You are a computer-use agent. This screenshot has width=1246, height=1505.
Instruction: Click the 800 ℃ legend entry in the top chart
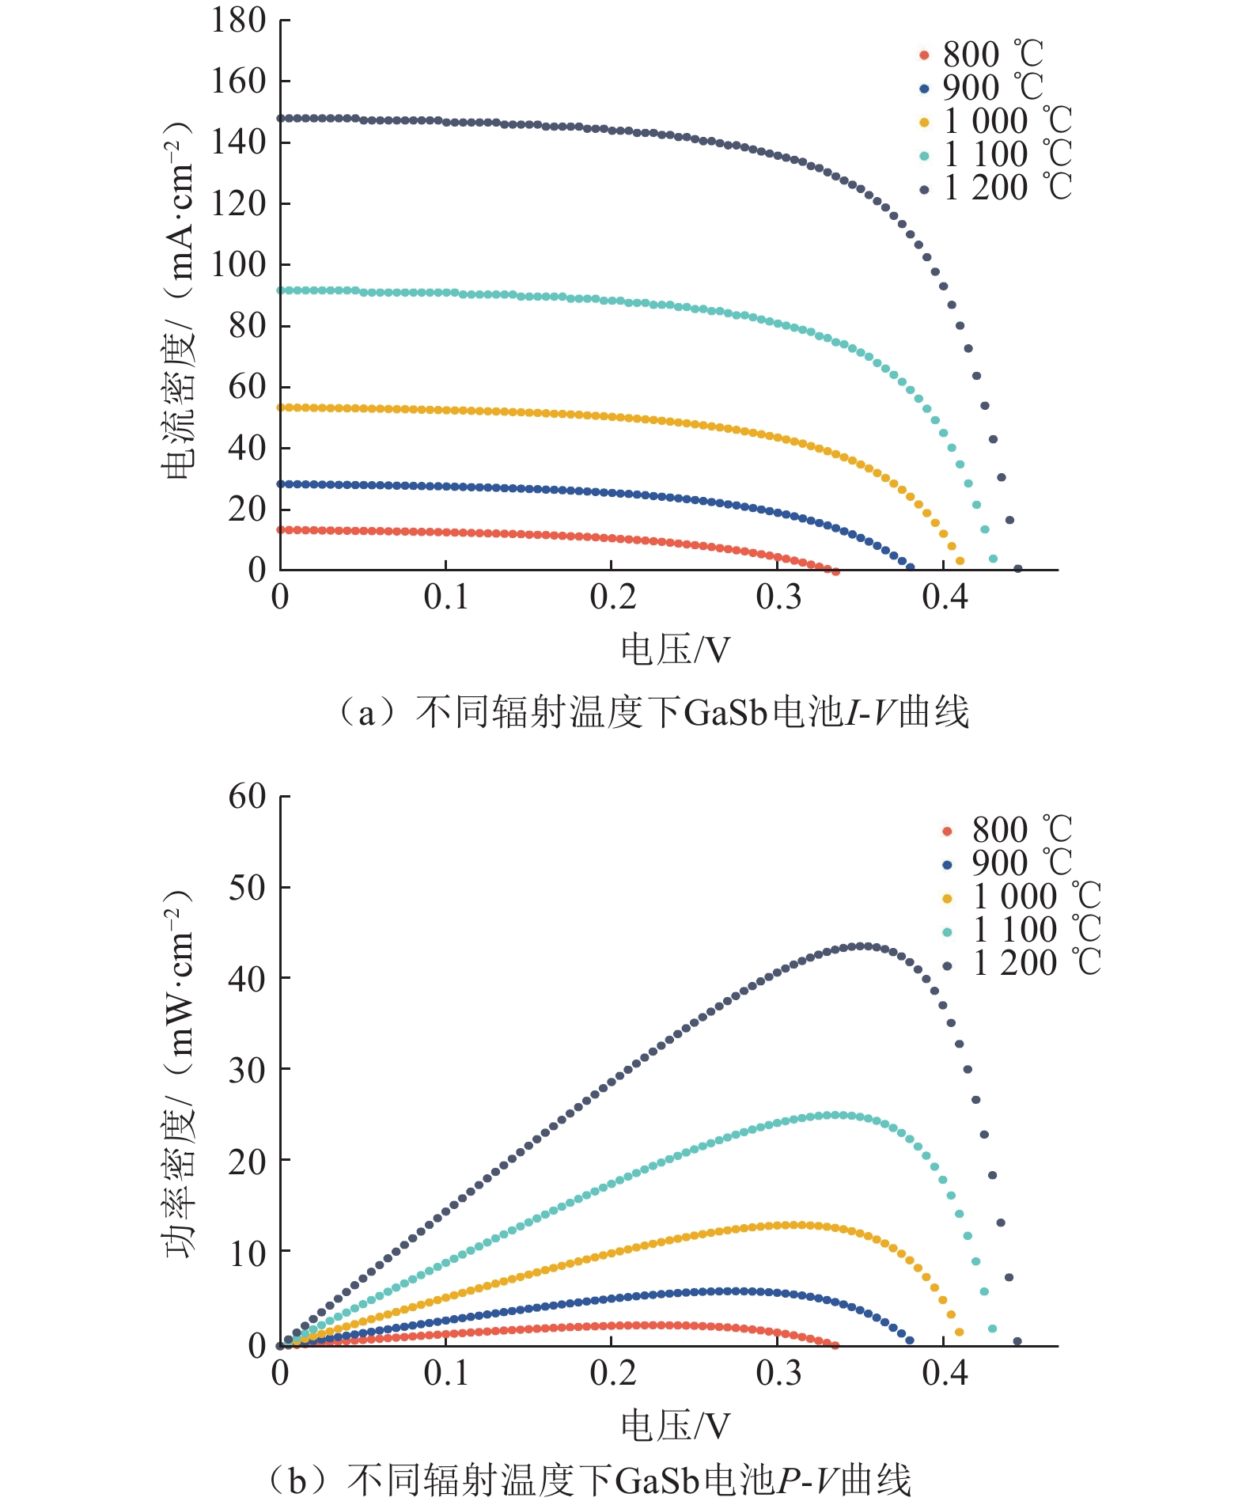pyautogui.click(x=981, y=55)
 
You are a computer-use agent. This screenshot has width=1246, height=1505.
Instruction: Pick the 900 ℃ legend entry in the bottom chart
pyautogui.click(x=1009, y=863)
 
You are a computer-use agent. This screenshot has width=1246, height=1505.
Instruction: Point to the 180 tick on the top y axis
pyautogui.click(x=237, y=21)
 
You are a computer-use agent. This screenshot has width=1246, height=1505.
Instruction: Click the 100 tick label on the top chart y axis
pyautogui.click(x=237, y=264)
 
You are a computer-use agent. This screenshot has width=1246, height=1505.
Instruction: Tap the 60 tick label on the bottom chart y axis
pyautogui.click(x=247, y=796)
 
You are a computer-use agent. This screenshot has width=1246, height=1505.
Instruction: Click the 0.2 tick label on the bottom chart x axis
pyautogui.click(x=612, y=1373)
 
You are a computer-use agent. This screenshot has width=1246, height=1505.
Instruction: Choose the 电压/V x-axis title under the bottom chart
pyautogui.click(x=674, y=1426)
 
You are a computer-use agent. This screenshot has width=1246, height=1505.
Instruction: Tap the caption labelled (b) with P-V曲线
pyautogui.click(x=589, y=1480)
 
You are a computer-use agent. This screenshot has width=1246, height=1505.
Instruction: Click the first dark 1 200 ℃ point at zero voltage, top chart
pyautogui.click(x=281, y=119)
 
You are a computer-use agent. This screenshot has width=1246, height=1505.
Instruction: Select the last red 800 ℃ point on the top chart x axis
pyautogui.click(x=835, y=571)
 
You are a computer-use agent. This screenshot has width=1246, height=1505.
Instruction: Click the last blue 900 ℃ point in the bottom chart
pyautogui.click(x=910, y=1340)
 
